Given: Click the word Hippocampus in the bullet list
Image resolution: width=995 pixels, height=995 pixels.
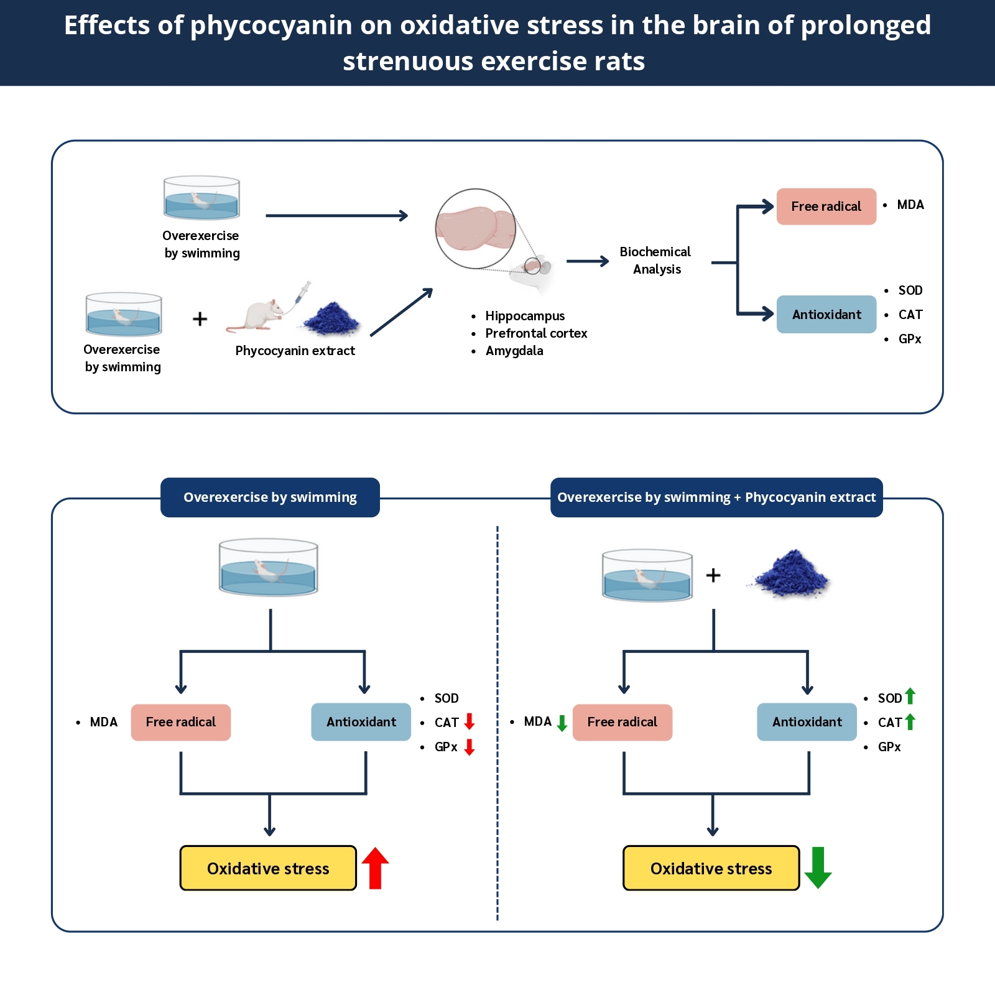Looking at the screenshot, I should [x=525, y=316].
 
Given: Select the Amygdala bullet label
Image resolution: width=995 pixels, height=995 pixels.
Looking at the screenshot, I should [x=514, y=351].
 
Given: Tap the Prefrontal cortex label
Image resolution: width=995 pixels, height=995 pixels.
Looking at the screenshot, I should [x=536, y=333].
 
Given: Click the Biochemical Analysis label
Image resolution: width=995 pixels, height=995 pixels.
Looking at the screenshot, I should [x=655, y=261].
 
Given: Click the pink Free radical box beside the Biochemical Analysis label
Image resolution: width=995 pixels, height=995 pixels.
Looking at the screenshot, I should [x=826, y=206].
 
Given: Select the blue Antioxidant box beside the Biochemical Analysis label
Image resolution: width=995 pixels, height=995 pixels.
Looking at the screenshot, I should [x=826, y=315].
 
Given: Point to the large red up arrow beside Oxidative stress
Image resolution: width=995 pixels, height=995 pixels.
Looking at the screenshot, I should [x=375, y=868].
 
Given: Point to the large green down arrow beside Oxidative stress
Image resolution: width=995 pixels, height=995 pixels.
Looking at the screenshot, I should [x=818, y=868].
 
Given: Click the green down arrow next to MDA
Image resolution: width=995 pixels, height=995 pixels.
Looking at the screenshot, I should [x=562, y=723].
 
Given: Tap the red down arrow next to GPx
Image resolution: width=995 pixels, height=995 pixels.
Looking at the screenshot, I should [x=470, y=747].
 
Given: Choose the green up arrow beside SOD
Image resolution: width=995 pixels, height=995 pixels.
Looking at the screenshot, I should [x=910, y=696].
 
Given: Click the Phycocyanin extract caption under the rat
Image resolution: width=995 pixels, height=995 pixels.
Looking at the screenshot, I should [x=295, y=351].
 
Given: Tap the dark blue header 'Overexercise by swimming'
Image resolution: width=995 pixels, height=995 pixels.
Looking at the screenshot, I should [x=270, y=497].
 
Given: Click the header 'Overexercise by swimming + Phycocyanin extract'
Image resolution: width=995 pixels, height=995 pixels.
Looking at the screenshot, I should [x=716, y=497].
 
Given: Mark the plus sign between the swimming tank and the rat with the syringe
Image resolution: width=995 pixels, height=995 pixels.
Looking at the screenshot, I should [x=200, y=319].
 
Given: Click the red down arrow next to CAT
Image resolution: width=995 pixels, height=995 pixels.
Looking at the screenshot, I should [x=470, y=721].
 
